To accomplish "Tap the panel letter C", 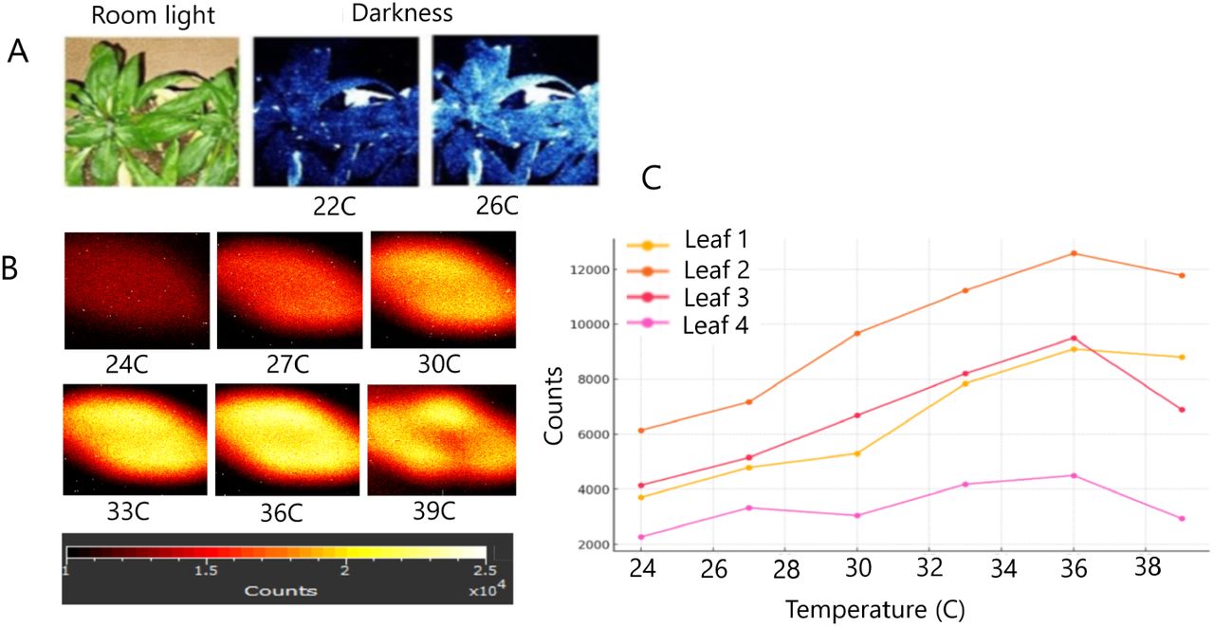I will [652, 179].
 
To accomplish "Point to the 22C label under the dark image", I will [340, 207].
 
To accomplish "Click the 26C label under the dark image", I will [518, 207].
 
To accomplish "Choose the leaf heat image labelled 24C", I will [137, 290].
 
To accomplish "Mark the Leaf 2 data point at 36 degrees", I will [1074, 253].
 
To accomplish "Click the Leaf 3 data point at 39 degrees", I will [1182, 410].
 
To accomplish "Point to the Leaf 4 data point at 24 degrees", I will [641, 537].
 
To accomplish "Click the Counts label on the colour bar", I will [280, 590].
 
